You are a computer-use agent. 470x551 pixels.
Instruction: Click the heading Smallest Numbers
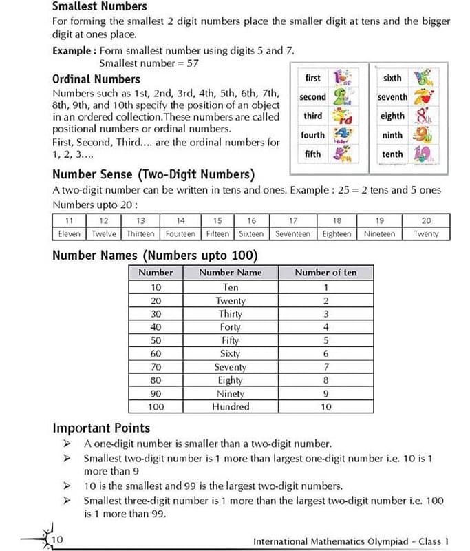coord(99,6)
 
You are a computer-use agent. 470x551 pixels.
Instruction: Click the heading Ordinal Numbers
coord(96,79)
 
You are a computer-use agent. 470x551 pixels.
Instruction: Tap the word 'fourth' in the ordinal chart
coord(312,135)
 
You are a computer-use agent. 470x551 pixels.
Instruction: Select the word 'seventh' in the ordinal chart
coord(392,97)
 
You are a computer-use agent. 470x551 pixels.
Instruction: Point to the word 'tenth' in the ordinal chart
coord(392,154)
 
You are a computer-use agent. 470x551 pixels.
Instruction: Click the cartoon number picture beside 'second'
coord(343,97)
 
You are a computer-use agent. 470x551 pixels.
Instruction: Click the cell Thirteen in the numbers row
coord(140,234)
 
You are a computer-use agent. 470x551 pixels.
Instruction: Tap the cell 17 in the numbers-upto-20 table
coord(293,221)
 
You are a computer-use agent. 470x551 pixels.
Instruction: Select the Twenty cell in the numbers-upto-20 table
coord(426,234)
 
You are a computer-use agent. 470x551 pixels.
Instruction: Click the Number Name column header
coord(231,273)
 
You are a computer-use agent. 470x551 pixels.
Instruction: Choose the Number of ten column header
coord(325,273)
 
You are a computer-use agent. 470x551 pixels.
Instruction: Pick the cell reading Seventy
coord(231,367)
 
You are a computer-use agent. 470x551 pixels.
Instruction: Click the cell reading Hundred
coord(231,407)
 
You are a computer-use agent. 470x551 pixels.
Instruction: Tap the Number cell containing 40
coord(156,327)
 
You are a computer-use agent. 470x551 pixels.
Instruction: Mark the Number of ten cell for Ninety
coord(325,394)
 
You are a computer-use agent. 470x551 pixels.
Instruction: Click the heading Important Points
coord(101,428)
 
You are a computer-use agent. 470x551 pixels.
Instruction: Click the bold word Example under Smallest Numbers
coord(74,51)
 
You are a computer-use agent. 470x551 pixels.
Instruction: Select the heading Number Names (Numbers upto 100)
coord(155,256)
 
